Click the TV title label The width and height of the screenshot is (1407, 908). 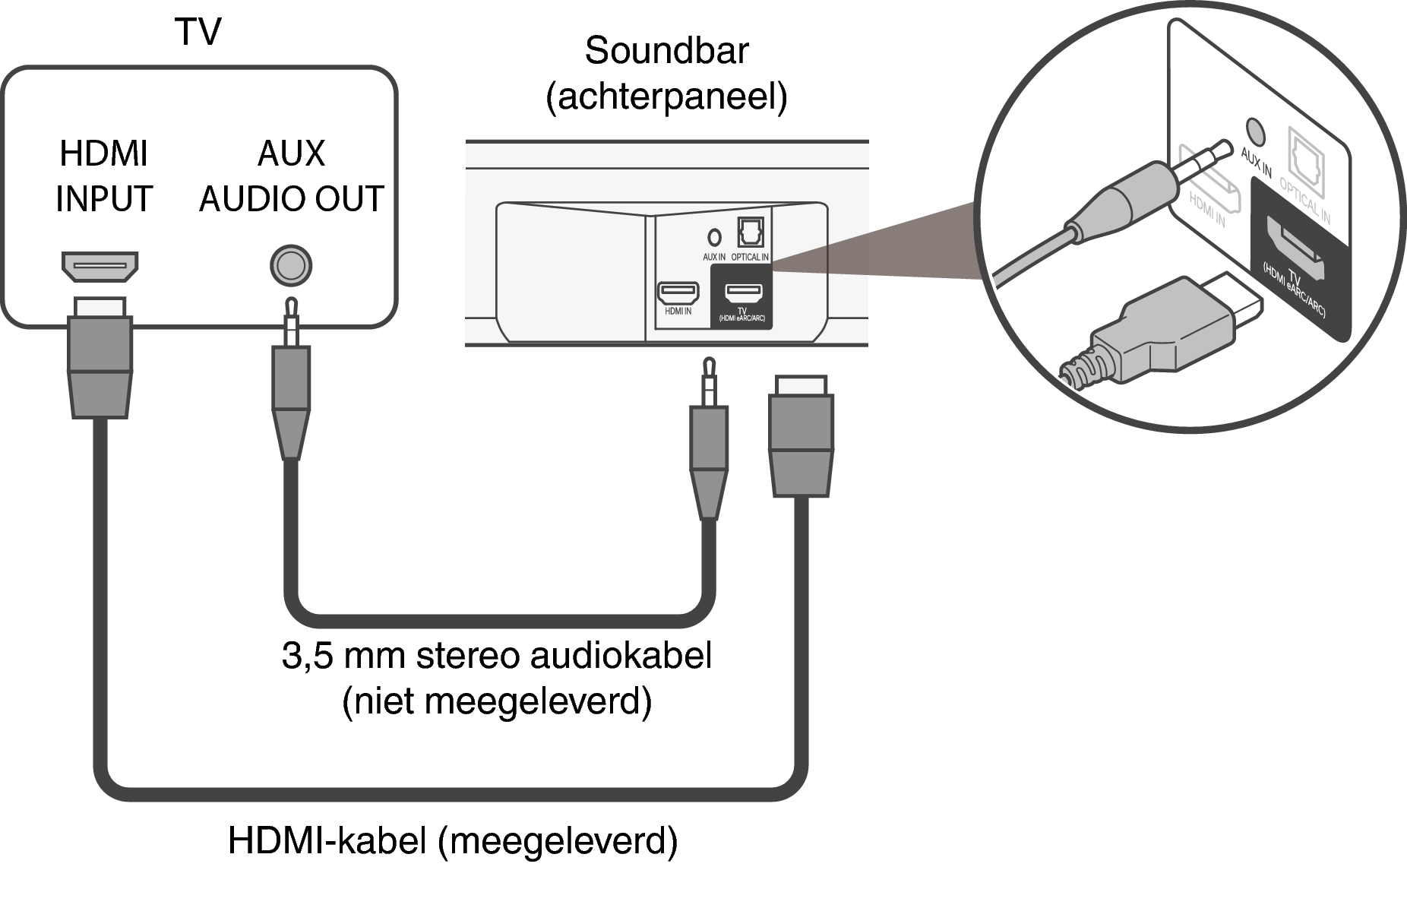[x=198, y=32]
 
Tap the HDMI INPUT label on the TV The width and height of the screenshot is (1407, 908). [x=104, y=176]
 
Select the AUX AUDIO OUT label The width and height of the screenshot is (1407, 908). [x=291, y=176]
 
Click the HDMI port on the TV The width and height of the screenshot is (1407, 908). [x=100, y=267]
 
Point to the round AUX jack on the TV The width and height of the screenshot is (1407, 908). [x=291, y=266]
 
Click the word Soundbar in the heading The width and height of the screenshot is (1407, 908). [x=666, y=51]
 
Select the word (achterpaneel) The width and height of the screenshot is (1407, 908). [x=666, y=96]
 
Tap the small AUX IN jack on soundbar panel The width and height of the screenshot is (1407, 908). [x=713, y=236]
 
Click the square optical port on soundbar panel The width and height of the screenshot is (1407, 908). [x=751, y=233]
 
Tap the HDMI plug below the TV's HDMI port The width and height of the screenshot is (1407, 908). [x=100, y=357]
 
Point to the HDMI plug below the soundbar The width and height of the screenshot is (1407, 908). [x=802, y=436]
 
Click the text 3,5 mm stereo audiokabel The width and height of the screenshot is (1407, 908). [x=497, y=655]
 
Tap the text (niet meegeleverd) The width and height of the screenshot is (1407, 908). [x=497, y=701]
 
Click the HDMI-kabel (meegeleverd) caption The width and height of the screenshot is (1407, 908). [x=453, y=841]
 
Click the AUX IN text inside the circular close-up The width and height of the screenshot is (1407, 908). [x=1256, y=163]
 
